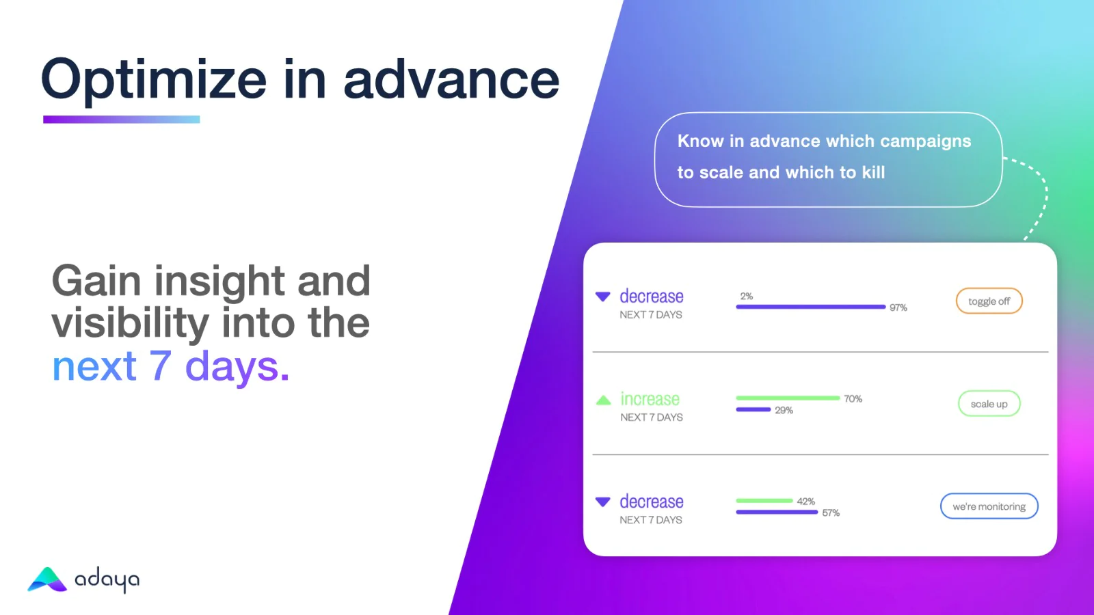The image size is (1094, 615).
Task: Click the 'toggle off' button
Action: coord(989,301)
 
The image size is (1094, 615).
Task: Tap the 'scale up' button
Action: coord(989,404)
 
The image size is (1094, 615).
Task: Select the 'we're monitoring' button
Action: coord(989,506)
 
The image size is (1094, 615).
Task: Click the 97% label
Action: coord(898,307)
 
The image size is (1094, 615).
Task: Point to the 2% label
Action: coord(746,297)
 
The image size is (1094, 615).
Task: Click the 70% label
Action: coord(853,399)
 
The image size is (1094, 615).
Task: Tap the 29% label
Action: coord(784,411)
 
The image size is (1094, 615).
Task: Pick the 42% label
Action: coord(806,502)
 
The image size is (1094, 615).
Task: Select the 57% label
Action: coord(831,513)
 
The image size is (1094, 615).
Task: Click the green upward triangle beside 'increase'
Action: coord(604,400)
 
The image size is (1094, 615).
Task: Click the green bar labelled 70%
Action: coord(788,398)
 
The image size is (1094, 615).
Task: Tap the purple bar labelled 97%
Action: coord(811,307)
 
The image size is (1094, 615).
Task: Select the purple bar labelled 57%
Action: coord(777,512)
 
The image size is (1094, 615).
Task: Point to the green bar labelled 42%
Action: coord(764,501)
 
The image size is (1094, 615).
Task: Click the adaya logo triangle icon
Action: coord(47,579)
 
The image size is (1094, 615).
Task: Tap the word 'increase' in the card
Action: coord(650,399)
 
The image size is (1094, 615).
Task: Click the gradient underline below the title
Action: coord(122,120)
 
